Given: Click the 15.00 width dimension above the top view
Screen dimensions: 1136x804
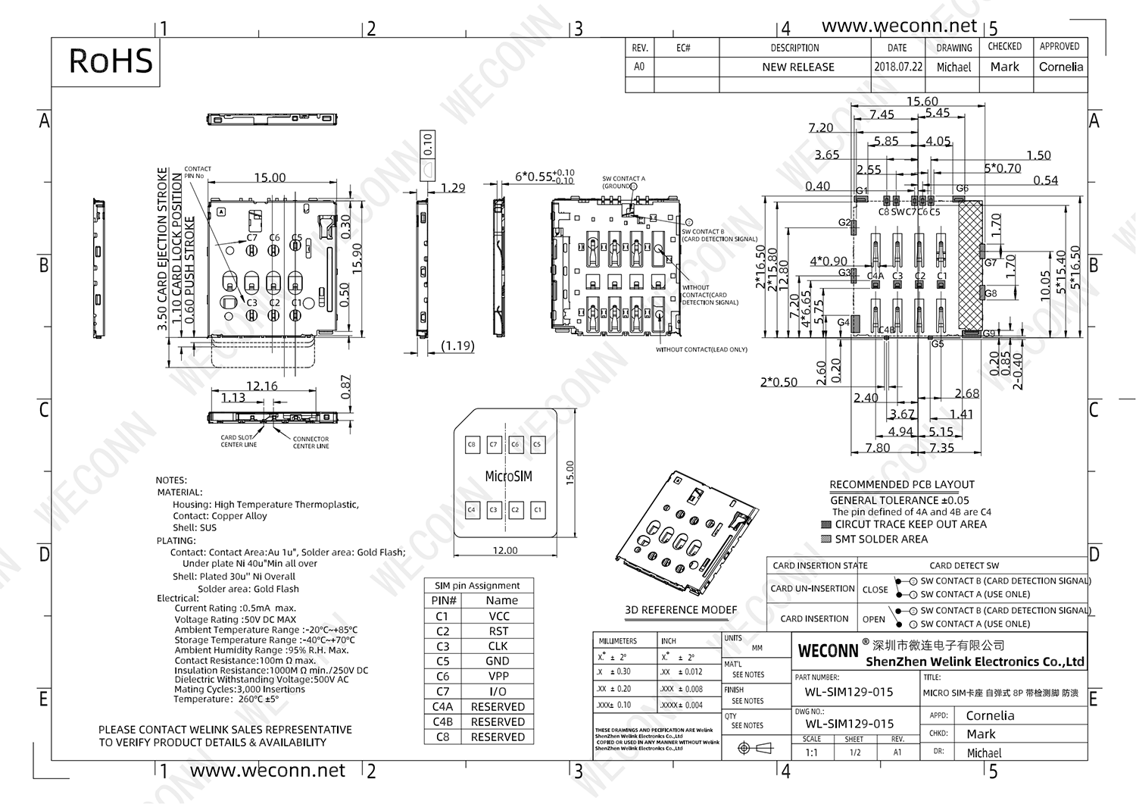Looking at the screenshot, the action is (x=270, y=177).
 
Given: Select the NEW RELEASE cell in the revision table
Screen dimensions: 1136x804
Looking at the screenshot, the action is (x=797, y=67).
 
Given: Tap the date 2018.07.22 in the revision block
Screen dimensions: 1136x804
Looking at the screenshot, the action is (x=898, y=67).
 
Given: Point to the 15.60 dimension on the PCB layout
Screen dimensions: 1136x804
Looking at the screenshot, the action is (x=922, y=101).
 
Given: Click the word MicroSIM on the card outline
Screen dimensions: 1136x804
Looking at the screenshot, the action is (x=508, y=476).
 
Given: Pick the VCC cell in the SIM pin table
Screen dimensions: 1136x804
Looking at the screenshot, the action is (x=498, y=616).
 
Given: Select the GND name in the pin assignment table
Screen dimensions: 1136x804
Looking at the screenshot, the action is (x=498, y=661).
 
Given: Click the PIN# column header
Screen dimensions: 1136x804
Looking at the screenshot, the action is (x=444, y=600).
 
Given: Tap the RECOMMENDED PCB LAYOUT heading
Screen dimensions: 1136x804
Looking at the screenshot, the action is (x=901, y=484).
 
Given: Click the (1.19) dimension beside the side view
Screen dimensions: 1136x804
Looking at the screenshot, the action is (x=457, y=346).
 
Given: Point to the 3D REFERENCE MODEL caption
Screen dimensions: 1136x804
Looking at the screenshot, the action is (x=680, y=609).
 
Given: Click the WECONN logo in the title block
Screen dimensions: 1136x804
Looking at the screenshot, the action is (x=828, y=651).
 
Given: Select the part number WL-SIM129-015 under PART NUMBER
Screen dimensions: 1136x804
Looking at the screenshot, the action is (x=843, y=692).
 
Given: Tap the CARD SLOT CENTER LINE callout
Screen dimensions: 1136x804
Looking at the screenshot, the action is (x=238, y=441).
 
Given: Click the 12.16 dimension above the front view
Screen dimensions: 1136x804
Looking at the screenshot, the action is (x=262, y=386).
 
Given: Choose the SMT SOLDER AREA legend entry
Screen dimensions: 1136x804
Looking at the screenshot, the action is (x=881, y=539).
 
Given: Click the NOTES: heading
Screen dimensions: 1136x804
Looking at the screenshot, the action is (x=171, y=480).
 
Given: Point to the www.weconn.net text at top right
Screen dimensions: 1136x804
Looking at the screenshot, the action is (x=899, y=25).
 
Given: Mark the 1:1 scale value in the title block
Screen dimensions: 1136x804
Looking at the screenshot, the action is (x=811, y=752).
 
